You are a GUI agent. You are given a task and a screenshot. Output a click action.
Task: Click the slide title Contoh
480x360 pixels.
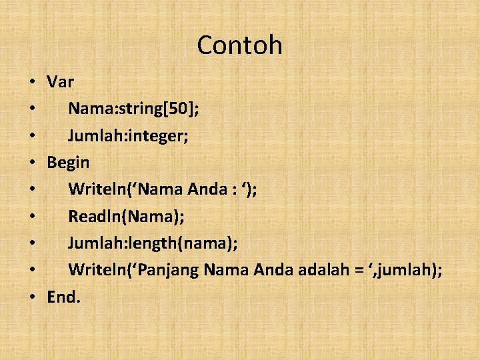point(239,45)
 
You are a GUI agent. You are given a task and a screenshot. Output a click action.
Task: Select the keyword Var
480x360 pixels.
point(60,82)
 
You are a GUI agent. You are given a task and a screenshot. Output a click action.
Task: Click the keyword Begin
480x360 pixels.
point(68,163)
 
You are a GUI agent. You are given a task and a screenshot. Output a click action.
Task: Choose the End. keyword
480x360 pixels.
point(63,297)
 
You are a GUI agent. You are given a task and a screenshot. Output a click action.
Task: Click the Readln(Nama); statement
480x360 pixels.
point(126,217)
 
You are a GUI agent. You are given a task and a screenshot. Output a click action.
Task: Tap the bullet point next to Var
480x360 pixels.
point(32,83)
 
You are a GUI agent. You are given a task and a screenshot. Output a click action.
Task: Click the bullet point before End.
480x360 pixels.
point(32,298)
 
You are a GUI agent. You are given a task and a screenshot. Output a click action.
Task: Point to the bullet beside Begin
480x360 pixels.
point(32,163)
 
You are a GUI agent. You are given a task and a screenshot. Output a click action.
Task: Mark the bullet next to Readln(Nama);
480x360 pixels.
point(32,217)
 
